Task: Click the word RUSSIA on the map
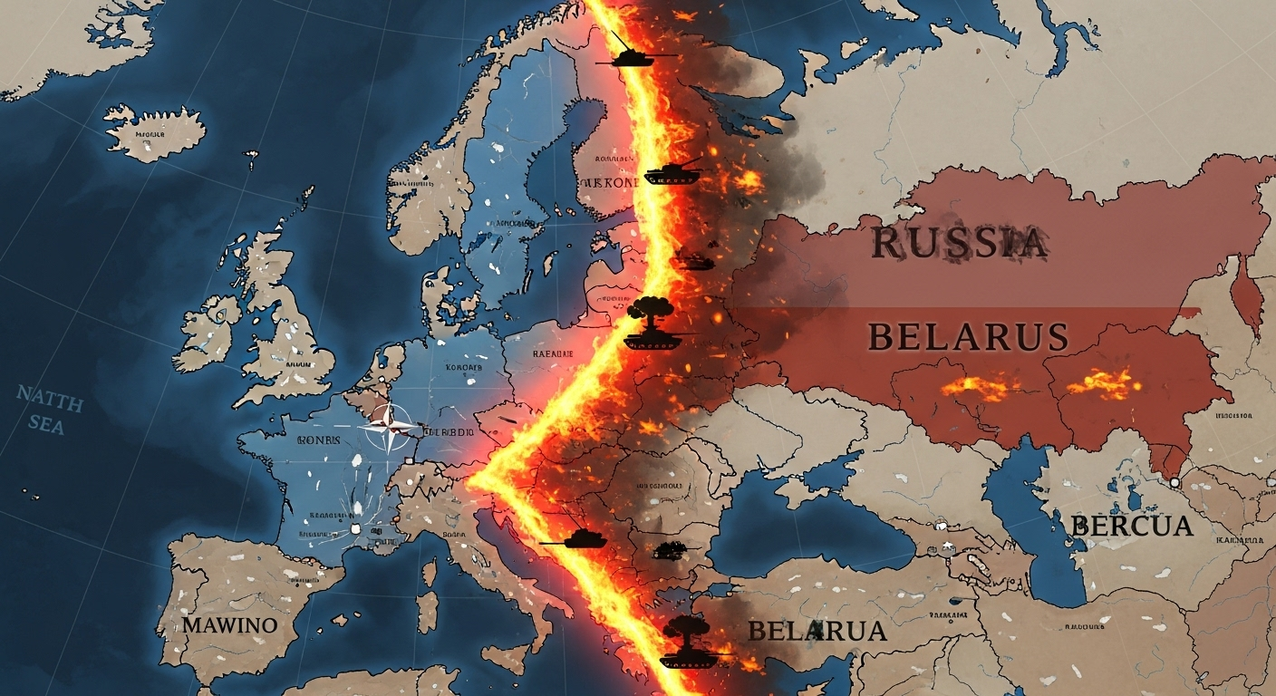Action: click(959, 243)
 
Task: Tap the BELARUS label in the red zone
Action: click(967, 336)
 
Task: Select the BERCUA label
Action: click(1131, 526)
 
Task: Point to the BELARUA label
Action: click(817, 630)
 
